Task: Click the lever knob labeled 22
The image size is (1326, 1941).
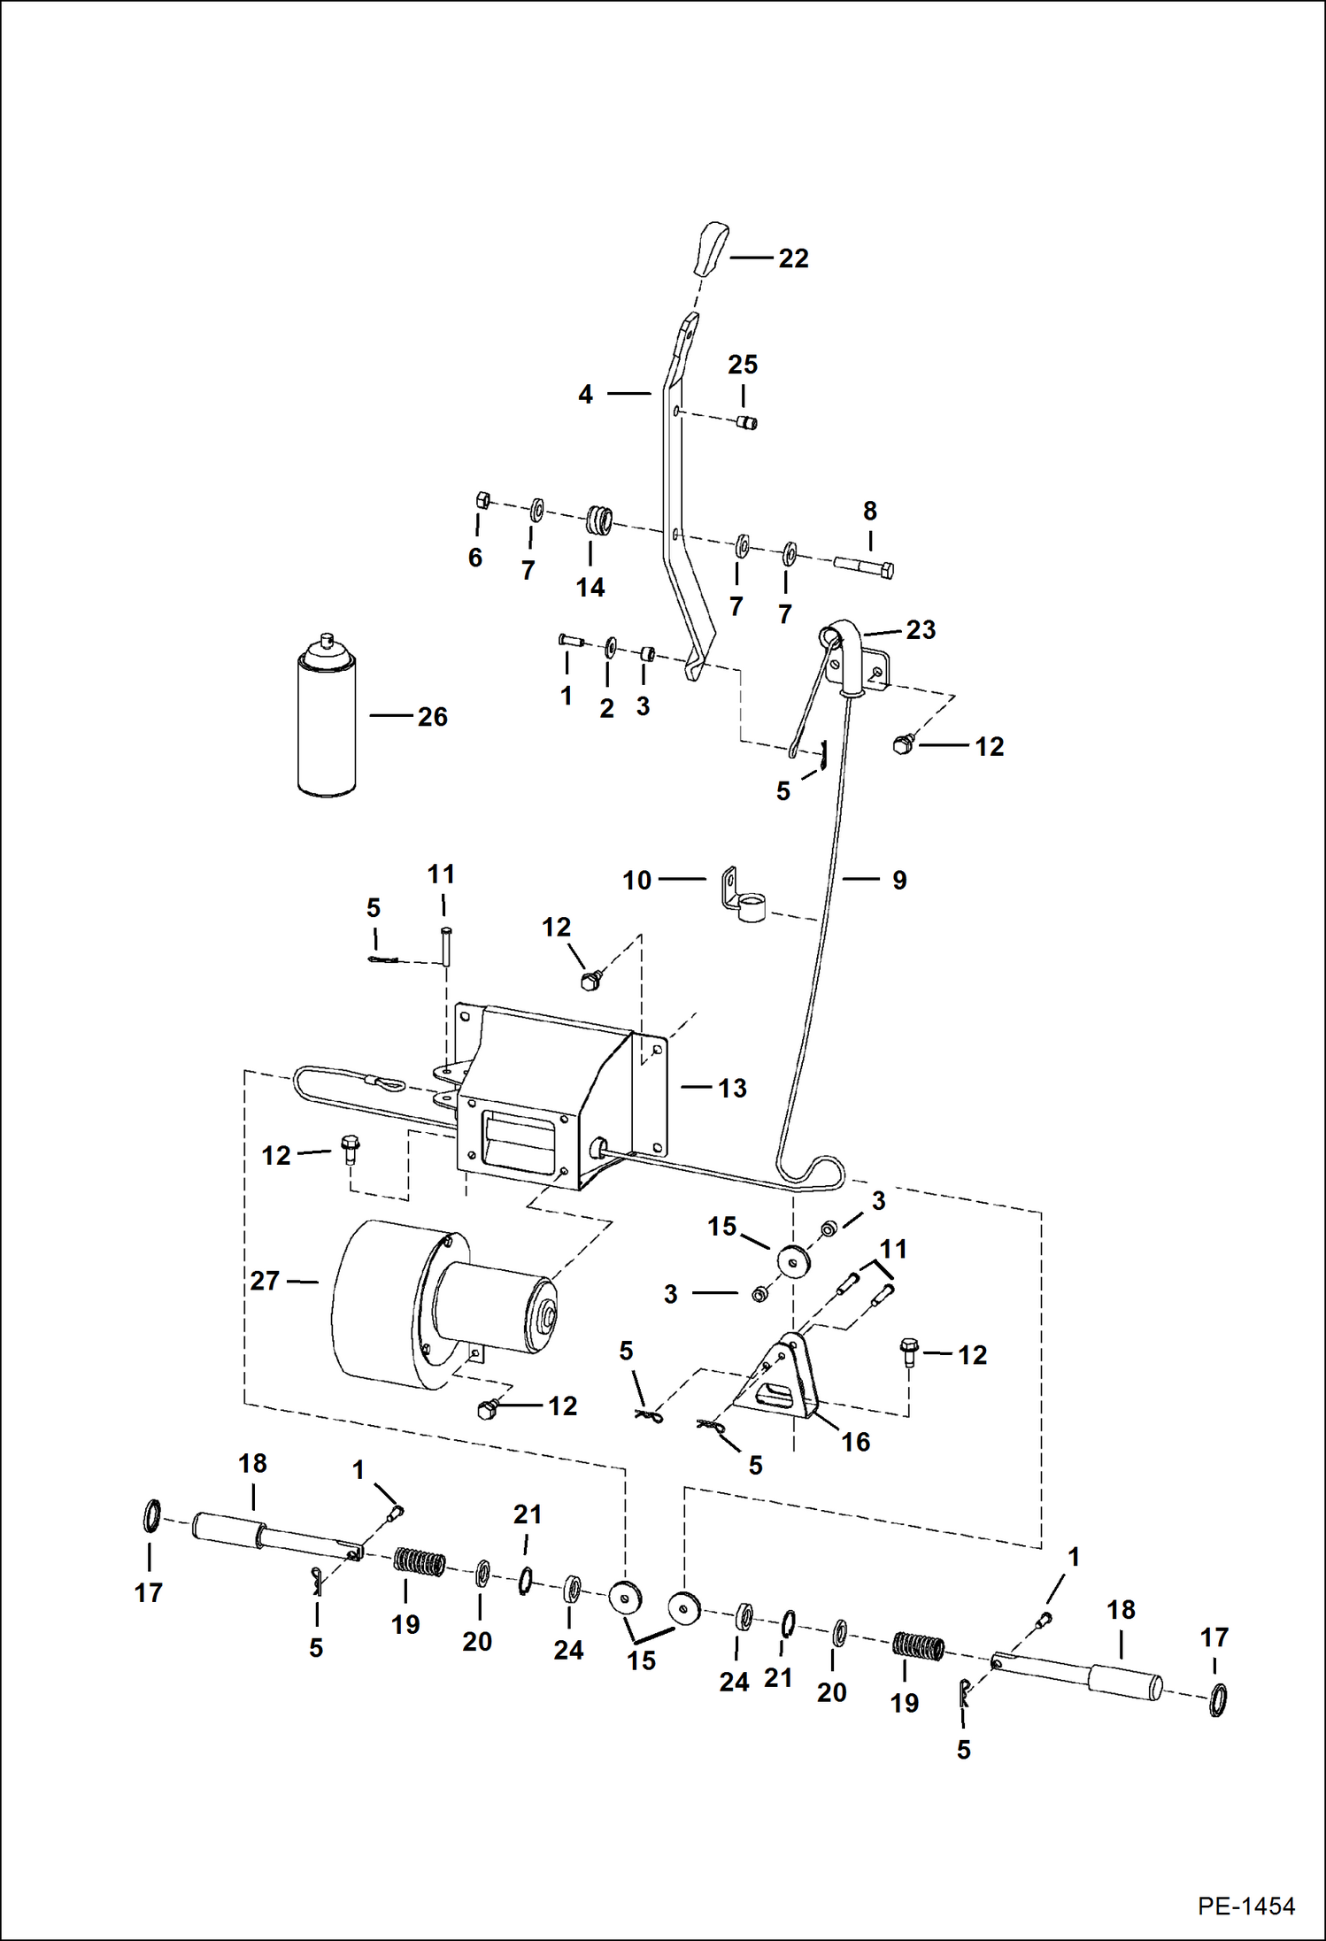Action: pos(710,250)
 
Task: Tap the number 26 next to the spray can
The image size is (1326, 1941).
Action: pos(432,717)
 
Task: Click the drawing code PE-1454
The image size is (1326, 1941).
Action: pos(1245,1906)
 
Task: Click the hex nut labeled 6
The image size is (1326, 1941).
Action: pos(482,499)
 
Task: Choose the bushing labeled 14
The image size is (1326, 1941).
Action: pos(598,520)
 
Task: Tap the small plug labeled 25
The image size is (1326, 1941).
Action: pos(747,422)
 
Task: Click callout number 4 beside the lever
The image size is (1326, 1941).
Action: pos(585,395)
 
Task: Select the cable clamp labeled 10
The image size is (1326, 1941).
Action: pos(741,897)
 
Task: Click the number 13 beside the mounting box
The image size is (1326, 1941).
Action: pos(732,1088)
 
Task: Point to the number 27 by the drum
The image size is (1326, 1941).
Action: pos(265,1281)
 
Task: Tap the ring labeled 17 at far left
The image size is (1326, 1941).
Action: pos(152,1516)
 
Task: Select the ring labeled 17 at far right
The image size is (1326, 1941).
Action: pos(1218,1700)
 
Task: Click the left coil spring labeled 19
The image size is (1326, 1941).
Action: pos(419,1562)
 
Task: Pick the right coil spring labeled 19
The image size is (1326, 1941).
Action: pos(918,1647)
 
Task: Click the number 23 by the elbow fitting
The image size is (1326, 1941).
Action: pos(921,630)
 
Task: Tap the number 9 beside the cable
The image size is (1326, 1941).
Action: pos(898,880)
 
